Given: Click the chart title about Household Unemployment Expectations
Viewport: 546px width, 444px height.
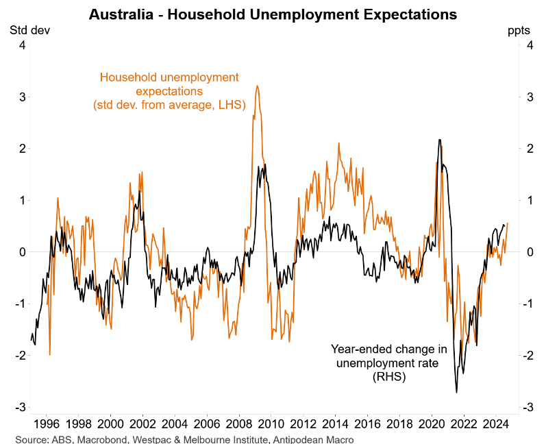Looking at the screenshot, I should [x=273, y=14].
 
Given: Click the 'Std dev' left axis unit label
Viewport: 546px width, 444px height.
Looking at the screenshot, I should [x=29, y=30].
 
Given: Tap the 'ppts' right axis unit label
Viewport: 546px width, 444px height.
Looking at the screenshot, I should [x=518, y=30].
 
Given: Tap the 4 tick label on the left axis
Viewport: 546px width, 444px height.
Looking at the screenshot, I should [x=22, y=45].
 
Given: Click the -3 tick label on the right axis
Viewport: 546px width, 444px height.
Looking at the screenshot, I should [x=529, y=407].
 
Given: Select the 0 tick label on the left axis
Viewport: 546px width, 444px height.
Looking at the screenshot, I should [x=22, y=252].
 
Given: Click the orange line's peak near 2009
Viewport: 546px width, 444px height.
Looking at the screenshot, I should [x=257, y=86].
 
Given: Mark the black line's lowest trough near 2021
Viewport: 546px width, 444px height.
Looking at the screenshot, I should [x=456, y=393].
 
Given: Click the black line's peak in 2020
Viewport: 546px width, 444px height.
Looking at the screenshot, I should [x=439, y=140].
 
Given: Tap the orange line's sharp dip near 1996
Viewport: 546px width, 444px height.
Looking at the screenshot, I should [x=49, y=355].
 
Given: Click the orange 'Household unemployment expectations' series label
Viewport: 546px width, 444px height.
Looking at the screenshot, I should [x=169, y=90].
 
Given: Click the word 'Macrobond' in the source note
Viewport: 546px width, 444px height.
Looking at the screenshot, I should [x=92, y=439].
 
